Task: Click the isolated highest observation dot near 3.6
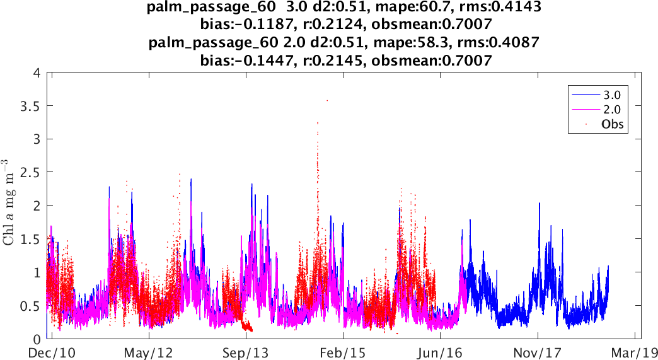coord(327,100)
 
